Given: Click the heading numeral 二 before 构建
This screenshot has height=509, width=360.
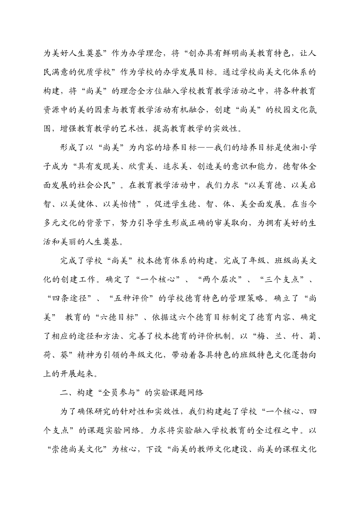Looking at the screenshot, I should (x=64, y=393).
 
